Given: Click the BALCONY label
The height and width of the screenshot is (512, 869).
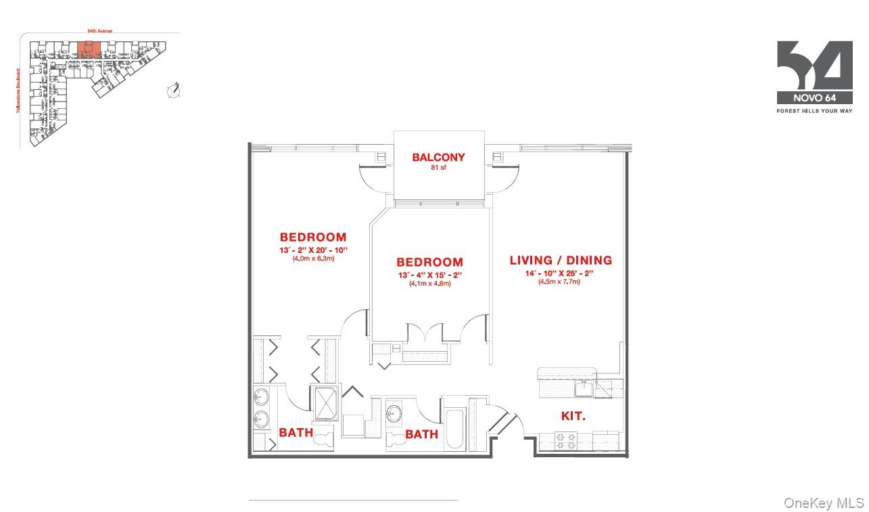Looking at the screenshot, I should point(438,158).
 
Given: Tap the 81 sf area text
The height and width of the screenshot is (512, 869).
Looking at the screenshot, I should point(438,168).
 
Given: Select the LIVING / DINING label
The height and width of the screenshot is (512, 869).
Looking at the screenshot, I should point(561,260).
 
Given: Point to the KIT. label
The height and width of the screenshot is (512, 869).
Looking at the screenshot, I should point(573,417).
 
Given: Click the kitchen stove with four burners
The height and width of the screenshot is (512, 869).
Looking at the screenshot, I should point(565,442).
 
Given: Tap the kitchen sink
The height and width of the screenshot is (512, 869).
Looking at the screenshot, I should point(583,388).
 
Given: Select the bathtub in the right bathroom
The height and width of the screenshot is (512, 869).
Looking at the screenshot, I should point(454,429).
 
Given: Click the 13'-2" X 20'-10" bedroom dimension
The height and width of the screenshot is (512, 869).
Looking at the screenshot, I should point(313,250).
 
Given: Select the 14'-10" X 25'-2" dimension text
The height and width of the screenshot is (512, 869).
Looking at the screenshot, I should point(560,273).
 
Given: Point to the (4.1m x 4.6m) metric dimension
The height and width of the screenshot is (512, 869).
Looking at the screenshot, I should point(429,283).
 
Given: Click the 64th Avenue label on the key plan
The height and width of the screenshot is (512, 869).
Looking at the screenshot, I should point(99,30).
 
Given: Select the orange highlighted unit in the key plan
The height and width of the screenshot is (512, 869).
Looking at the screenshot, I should point(89,49).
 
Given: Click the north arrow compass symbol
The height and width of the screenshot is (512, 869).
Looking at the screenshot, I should point(174,90).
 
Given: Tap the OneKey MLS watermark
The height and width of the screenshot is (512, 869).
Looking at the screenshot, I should point(824,503).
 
